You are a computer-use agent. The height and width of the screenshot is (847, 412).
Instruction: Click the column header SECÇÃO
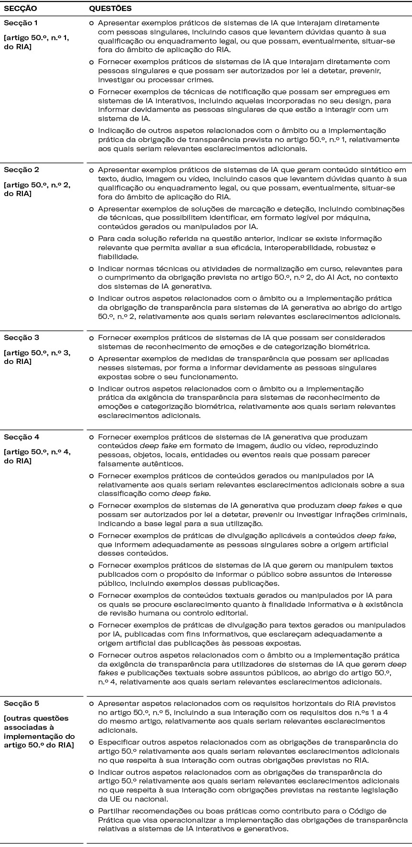[20, 9]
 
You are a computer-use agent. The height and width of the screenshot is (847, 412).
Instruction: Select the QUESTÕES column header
[110, 9]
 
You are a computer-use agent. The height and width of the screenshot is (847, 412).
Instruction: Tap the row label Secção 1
[20, 23]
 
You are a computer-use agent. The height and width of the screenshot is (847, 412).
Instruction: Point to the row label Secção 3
[20, 338]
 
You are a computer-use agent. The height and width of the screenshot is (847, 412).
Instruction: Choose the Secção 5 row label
[20, 704]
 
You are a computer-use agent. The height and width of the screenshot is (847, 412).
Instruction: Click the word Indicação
[115, 131]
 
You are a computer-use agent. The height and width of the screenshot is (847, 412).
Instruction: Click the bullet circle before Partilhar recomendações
[91, 811]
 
